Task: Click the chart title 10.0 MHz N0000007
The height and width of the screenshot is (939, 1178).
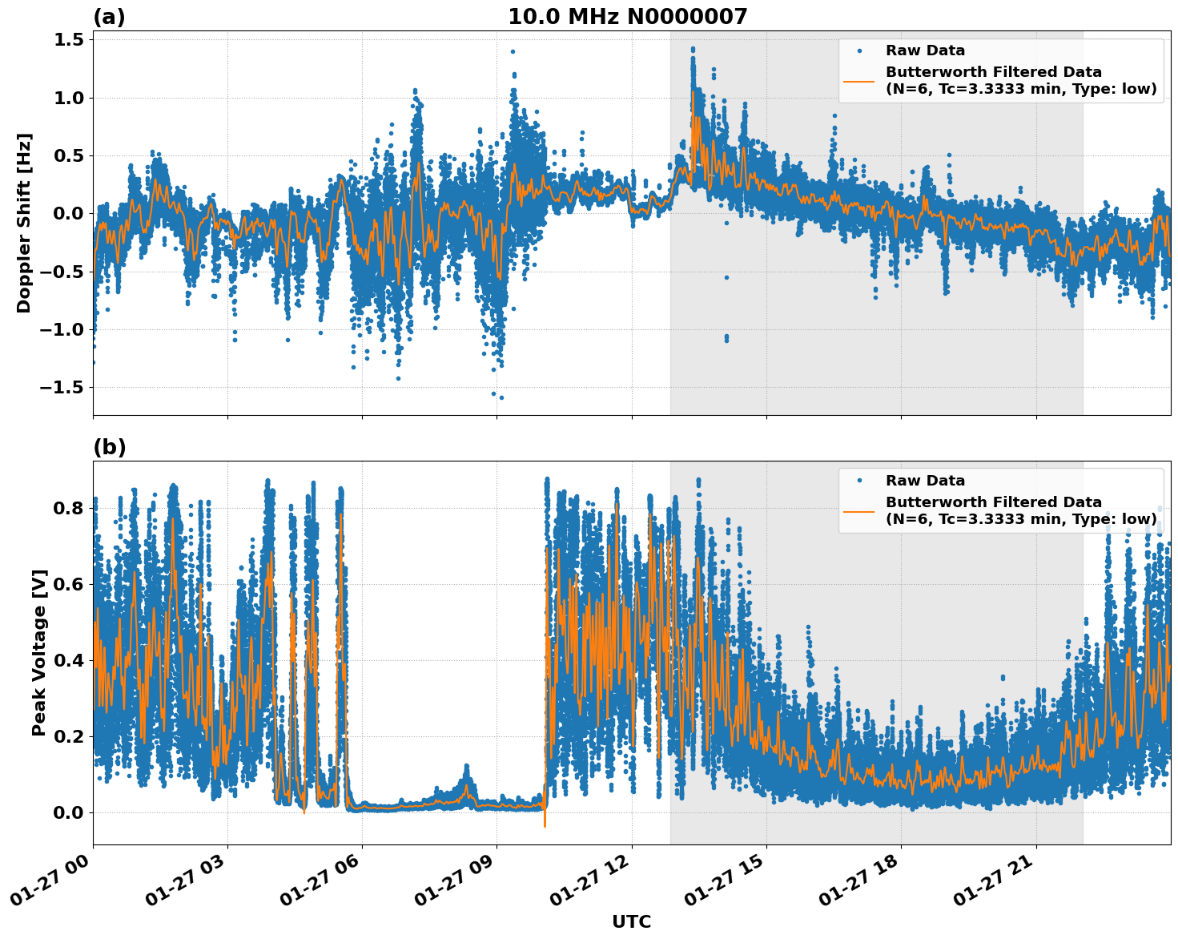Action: [x=627, y=17]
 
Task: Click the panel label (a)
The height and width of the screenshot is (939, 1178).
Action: [x=109, y=17]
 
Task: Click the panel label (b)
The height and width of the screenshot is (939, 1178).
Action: [x=109, y=447]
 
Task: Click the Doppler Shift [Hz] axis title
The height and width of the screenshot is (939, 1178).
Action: [x=24, y=223]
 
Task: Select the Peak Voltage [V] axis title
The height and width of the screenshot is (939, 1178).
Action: [x=38, y=652]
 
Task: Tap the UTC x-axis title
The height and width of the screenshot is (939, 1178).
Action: [x=631, y=921]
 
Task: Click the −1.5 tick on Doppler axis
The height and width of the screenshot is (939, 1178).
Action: [x=61, y=388]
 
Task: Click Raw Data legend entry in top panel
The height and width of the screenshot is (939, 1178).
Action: [x=925, y=50]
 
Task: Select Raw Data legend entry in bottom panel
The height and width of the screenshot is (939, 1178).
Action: [x=925, y=481]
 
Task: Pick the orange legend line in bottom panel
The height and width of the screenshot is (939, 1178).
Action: [x=859, y=510]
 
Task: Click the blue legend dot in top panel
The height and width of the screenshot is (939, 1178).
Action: [x=859, y=50]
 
